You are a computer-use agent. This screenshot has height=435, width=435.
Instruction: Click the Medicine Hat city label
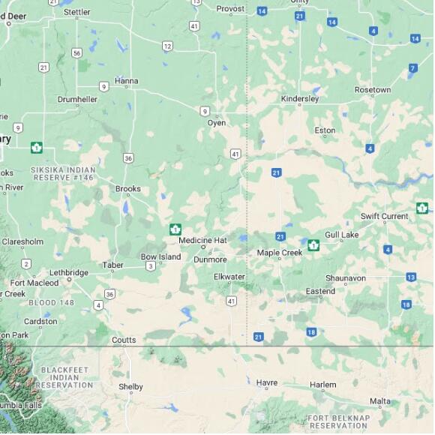[202, 240]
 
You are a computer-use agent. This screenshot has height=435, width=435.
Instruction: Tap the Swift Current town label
[384, 216]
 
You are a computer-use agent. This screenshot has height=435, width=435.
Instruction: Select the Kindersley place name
[299, 98]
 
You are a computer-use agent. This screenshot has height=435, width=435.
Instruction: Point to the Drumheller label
[77, 99]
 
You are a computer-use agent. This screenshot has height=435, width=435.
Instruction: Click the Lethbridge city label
[68, 272]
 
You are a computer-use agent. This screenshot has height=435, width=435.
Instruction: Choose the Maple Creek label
[279, 253]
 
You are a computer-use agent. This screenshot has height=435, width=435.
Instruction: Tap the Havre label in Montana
[267, 382]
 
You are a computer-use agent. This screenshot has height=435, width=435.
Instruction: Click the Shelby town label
[130, 387]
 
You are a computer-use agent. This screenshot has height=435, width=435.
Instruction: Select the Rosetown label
[373, 90]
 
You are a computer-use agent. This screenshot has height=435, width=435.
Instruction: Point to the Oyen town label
[216, 122]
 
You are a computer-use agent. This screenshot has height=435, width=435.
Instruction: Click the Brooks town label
[127, 189]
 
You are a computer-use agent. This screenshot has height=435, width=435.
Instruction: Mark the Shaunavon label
[345, 277]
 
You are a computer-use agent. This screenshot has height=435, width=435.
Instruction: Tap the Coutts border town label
[124, 340]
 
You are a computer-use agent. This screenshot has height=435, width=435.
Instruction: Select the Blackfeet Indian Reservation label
[65, 377]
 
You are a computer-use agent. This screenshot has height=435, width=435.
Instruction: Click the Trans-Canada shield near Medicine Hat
[175, 229]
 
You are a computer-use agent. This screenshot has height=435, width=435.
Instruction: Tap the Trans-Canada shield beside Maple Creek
[313, 244]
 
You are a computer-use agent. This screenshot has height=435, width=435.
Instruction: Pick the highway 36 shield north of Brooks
[129, 157]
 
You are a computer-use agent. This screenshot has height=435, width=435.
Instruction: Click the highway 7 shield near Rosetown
[412, 68]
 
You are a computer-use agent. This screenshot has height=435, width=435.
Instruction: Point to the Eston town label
[325, 130]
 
